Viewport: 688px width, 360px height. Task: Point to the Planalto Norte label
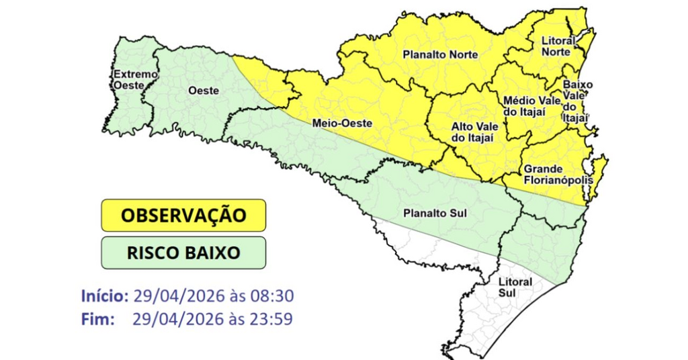[440, 54]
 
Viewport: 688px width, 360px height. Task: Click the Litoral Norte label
[558, 46]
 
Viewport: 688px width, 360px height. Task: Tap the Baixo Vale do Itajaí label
[574, 101]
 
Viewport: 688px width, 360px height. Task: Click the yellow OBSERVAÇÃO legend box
[183, 216]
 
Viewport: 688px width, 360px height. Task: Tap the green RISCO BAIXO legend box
[183, 253]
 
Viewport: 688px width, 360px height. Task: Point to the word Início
[104, 296]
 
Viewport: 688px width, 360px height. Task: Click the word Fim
[96, 319]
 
